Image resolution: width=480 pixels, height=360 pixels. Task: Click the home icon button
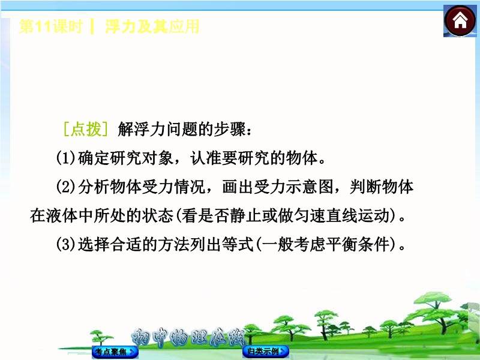(x=460, y=21)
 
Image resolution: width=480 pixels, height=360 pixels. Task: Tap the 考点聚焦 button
(x=115, y=352)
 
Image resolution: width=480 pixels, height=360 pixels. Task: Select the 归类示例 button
(x=266, y=351)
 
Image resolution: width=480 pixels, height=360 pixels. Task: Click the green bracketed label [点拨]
(x=85, y=129)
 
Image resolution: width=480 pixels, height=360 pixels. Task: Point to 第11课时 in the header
(x=51, y=26)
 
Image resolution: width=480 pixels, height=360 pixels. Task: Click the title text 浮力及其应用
(x=152, y=26)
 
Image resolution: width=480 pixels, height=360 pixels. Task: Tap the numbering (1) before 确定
(x=66, y=158)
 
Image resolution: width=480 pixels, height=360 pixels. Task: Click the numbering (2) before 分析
(x=66, y=187)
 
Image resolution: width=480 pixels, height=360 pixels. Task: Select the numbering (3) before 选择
(x=66, y=245)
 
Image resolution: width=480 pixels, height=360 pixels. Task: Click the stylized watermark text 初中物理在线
(x=188, y=337)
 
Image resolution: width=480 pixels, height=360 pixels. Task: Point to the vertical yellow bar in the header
(x=92, y=26)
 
